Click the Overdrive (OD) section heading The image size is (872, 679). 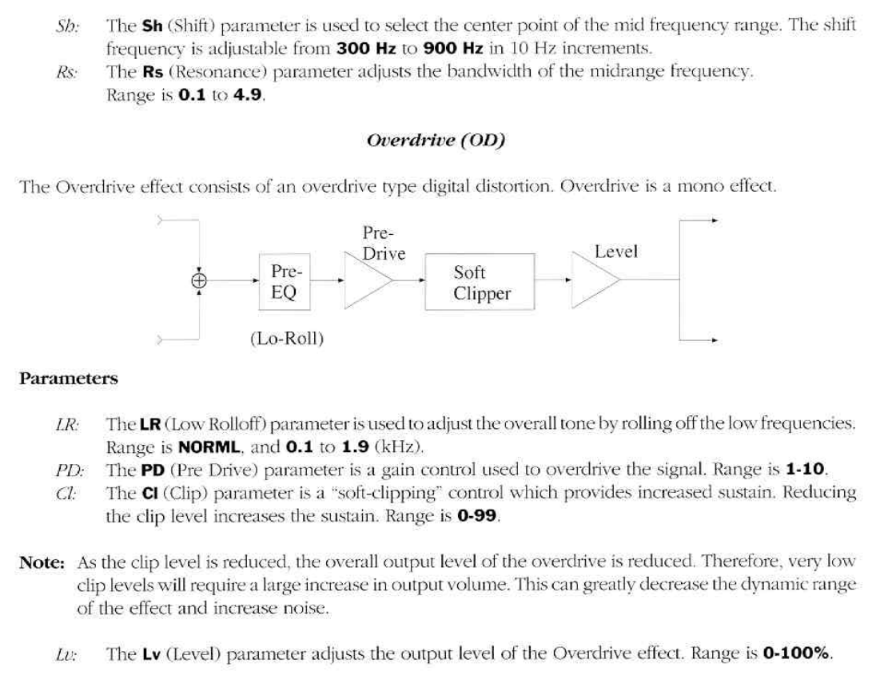point(436,141)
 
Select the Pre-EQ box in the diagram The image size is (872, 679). point(284,282)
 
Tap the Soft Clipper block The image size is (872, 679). point(480,283)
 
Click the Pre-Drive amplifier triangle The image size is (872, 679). point(367,281)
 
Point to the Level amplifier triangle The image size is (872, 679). point(595,281)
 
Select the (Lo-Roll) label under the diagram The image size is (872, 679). point(287,339)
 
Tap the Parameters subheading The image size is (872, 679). point(69,379)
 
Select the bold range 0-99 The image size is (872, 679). point(477,516)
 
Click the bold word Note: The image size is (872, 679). point(42,562)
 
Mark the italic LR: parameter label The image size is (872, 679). point(68,425)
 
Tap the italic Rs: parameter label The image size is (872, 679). point(67,72)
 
